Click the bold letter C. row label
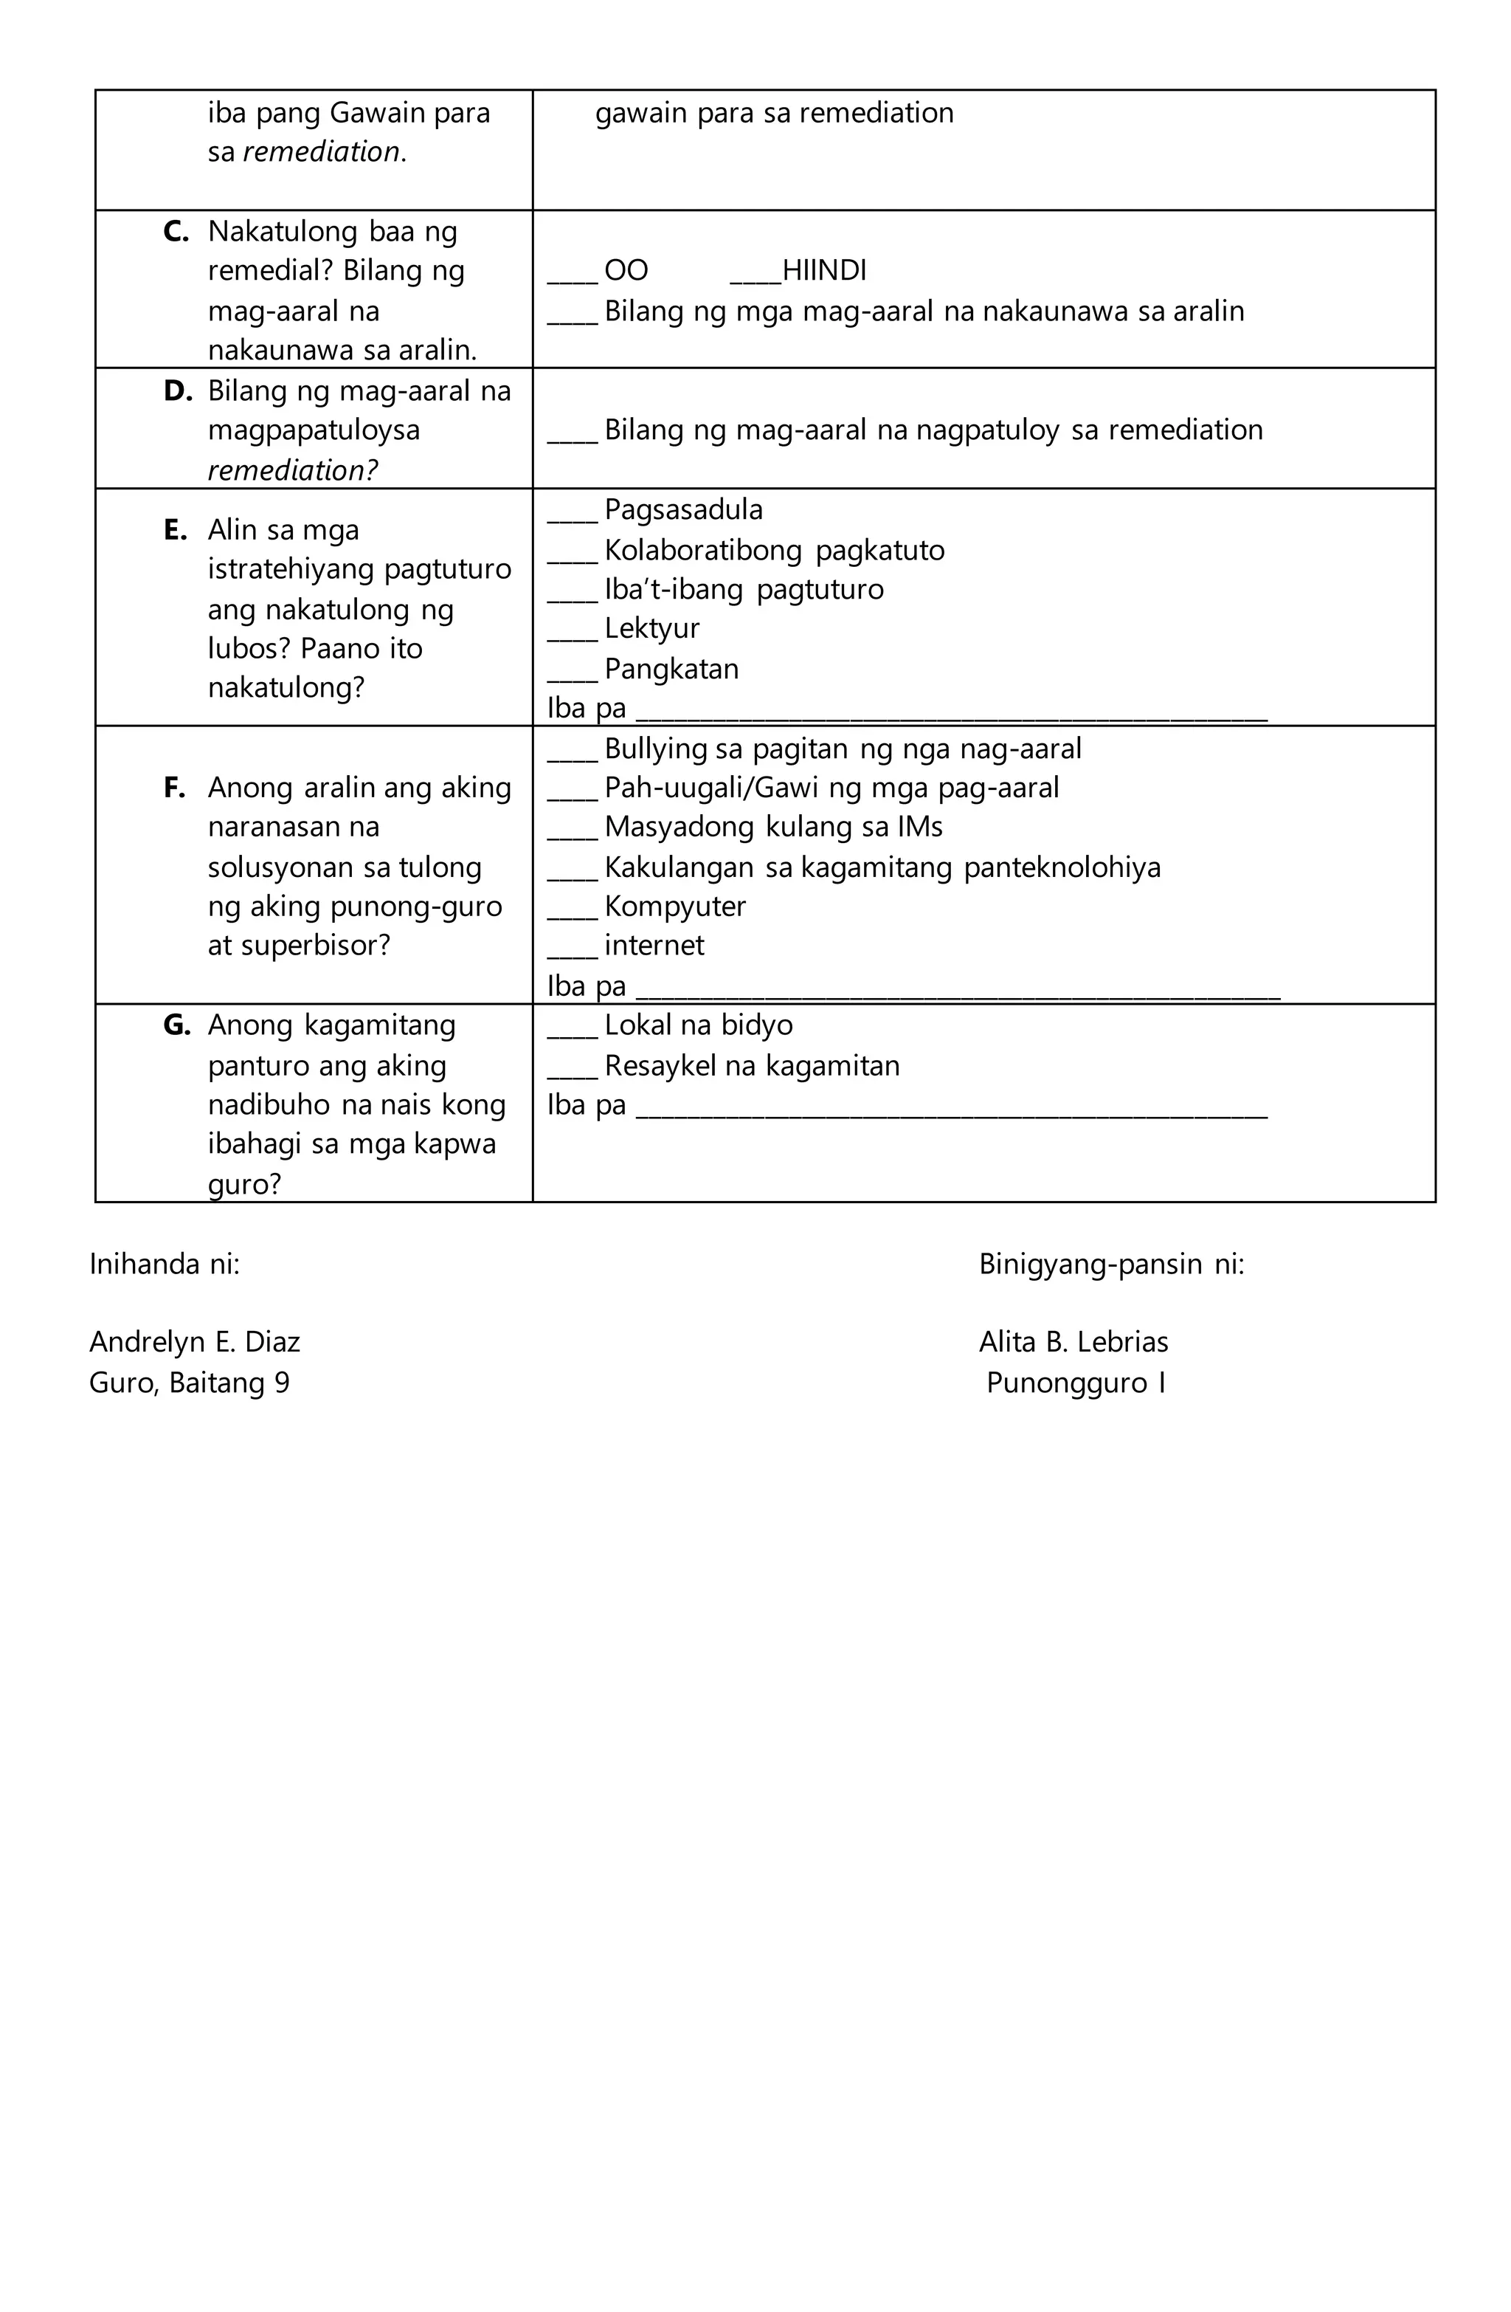[x=176, y=231]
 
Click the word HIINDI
[x=823, y=270]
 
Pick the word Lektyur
[x=651, y=628]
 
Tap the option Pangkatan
[x=670, y=668]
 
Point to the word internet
[x=654, y=945]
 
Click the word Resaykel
[x=660, y=1066]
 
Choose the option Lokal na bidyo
[x=697, y=1025]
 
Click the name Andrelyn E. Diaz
[x=194, y=1341]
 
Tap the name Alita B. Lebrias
[x=1073, y=1341]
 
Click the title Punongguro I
[x=1075, y=1383]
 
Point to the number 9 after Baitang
[x=282, y=1383]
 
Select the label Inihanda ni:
[x=164, y=1264]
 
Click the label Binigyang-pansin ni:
[x=1111, y=1264]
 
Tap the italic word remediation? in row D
[x=292, y=470]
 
